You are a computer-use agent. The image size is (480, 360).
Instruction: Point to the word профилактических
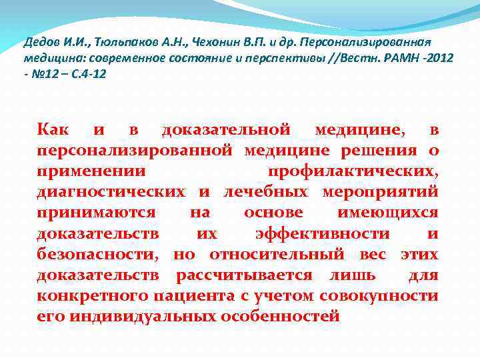(x=353, y=171)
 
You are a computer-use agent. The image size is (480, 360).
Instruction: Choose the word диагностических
(x=111, y=193)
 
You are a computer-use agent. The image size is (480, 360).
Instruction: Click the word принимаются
(x=97, y=213)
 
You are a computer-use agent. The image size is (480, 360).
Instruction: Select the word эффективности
(x=323, y=234)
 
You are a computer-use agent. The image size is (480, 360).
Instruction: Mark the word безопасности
(x=97, y=255)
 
